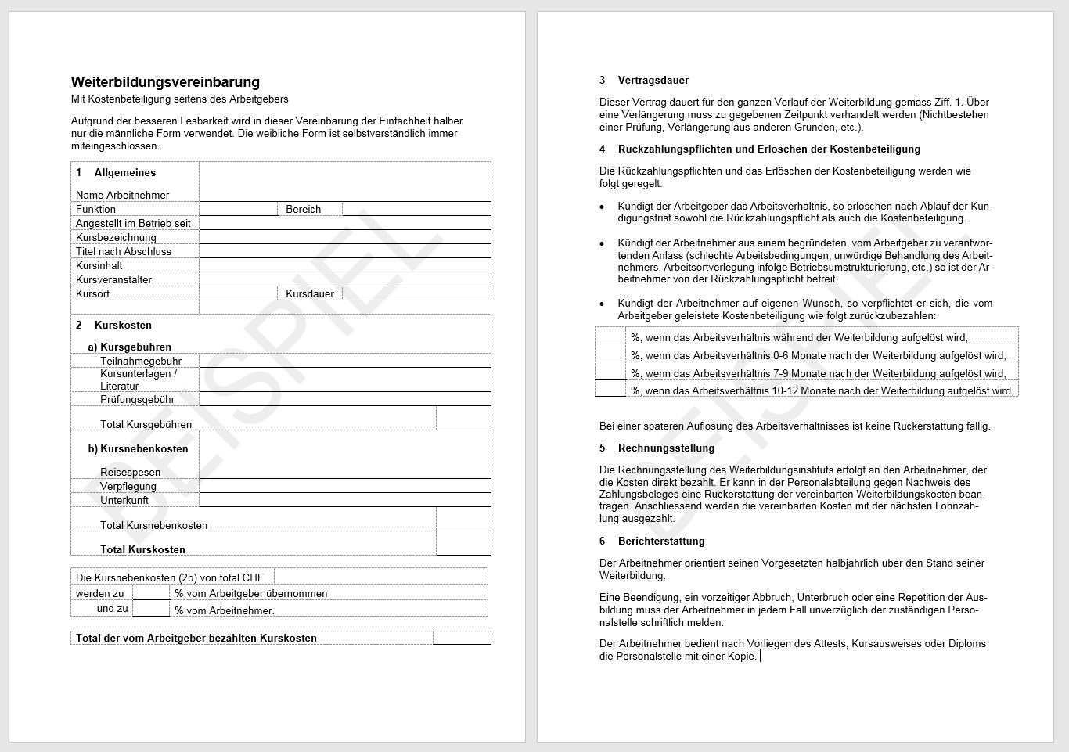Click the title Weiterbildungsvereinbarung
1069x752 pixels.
tap(165, 82)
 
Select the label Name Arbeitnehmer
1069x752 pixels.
tap(122, 195)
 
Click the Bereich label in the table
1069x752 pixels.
tap(304, 210)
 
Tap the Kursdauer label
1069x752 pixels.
tap(310, 294)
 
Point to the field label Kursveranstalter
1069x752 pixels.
tap(113, 280)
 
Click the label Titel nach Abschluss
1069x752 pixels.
tap(123, 252)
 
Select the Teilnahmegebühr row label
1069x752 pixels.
tap(141, 362)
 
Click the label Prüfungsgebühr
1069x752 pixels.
tap(137, 400)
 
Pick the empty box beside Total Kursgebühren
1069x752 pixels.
tap(463, 419)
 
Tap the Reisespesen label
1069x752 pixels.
tap(130, 473)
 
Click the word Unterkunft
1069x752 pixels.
tap(124, 501)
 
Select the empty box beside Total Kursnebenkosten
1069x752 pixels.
tap(463, 520)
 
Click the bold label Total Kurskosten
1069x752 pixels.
tap(142, 550)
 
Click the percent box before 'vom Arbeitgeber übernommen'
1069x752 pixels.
tap(151, 593)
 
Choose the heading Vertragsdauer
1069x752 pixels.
tap(653, 81)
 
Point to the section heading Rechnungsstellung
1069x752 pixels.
tap(666, 448)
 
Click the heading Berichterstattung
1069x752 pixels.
tap(661, 542)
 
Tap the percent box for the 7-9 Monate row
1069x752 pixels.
tap(610, 372)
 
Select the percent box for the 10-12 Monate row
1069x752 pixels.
tap(610, 389)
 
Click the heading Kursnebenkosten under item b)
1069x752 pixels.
tap(144, 449)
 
